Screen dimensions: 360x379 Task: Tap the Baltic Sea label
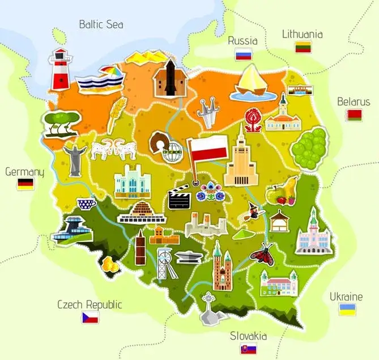point(101,24)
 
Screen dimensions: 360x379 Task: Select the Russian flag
point(243,54)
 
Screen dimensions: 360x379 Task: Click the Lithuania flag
point(303,47)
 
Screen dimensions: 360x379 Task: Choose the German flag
point(25,184)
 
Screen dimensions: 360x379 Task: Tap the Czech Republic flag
point(90,317)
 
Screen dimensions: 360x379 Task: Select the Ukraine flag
point(347,309)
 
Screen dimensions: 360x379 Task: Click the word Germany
point(24,171)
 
